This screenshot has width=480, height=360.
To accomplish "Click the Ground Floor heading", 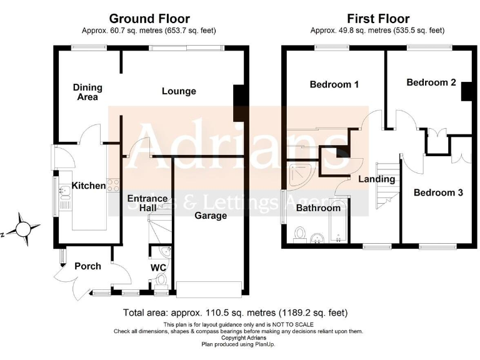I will pyautogui.click(x=149, y=19).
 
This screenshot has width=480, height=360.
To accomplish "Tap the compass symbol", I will pyautogui.click(x=22, y=227).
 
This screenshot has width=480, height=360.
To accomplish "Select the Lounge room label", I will pyautogui.click(x=179, y=91).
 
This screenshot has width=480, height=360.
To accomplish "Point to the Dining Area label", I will pyautogui.click(x=87, y=92).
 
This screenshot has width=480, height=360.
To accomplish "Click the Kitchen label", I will pyautogui.click(x=89, y=186).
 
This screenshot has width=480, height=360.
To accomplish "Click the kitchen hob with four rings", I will pyautogui.click(x=114, y=185).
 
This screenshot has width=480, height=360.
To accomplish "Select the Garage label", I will pyautogui.click(x=211, y=216).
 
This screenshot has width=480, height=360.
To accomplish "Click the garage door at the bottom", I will pyautogui.click(x=209, y=288).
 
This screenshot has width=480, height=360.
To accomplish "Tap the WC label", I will pyautogui.click(x=159, y=267).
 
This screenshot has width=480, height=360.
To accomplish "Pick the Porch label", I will pyautogui.click(x=87, y=266).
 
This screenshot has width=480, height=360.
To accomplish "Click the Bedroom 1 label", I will pyautogui.click(x=334, y=84).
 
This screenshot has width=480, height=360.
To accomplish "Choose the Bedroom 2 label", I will pyautogui.click(x=431, y=82).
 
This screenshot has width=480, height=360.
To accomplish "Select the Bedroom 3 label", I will pyautogui.click(x=438, y=193).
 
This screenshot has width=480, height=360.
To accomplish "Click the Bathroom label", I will pyautogui.click(x=318, y=207).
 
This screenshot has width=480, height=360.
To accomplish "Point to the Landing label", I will pyautogui.click(x=376, y=179).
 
